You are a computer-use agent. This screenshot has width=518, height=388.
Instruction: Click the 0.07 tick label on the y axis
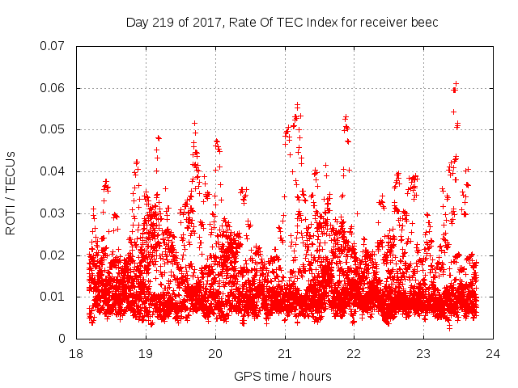[x=53, y=46]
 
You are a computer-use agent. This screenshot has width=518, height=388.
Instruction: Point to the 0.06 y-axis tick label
[x=53, y=88]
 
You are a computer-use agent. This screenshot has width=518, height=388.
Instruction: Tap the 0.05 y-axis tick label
[x=53, y=129]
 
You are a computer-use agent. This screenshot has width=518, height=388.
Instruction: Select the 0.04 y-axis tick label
[x=53, y=171]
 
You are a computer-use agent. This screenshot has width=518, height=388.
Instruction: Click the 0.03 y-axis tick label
[x=53, y=213]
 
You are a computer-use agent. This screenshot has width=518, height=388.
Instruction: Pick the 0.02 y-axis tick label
[x=53, y=255]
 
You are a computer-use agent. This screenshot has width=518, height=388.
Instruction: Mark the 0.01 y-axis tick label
[x=53, y=297]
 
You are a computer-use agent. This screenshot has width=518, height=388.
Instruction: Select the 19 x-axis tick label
[x=146, y=354]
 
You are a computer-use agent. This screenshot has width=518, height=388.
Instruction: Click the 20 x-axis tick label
[x=215, y=354]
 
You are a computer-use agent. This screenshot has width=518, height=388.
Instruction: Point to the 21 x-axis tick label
[x=285, y=354]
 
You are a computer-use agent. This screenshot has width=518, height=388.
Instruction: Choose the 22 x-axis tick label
[x=355, y=354]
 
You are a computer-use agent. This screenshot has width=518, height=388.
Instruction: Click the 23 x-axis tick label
[x=423, y=354]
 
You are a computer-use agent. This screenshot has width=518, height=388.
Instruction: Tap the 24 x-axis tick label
[x=493, y=354]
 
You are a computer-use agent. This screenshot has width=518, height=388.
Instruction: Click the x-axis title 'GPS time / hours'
[x=283, y=376]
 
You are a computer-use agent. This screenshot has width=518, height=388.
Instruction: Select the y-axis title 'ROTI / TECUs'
[x=11, y=192]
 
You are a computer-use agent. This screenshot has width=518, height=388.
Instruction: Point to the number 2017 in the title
[x=195, y=22]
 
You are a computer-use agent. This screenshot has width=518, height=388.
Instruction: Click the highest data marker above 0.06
[x=456, y=83]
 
